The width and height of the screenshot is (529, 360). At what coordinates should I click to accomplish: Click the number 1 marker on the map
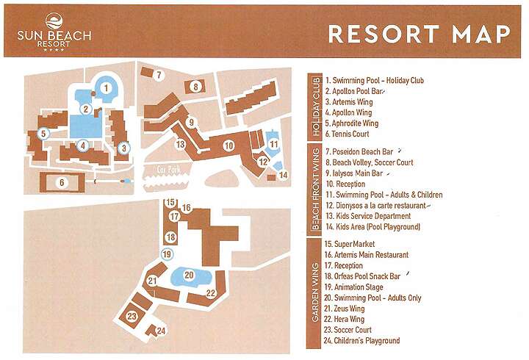coord(106,87)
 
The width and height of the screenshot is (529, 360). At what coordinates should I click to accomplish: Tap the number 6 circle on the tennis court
coord(62,182)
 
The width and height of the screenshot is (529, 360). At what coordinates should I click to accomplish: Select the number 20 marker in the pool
coord(189,276)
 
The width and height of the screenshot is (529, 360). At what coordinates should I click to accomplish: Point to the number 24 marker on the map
coord(162,331)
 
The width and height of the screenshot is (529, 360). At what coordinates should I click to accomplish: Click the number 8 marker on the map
coord(195,87)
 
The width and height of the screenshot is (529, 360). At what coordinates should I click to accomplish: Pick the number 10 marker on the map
coord(228,145)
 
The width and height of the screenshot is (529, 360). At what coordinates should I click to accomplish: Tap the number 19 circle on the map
coord(167,254)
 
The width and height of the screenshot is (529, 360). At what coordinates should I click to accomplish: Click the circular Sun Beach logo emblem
coord(54,21)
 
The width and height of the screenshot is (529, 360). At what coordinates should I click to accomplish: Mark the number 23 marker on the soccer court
coord(132,317)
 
